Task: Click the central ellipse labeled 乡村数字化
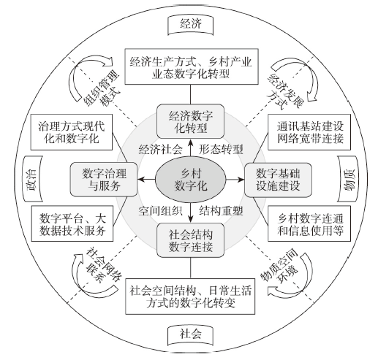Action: coord(191,180)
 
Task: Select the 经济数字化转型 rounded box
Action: coord(190,121)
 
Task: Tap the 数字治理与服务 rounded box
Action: coord(104,180)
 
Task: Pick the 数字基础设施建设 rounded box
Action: coord(278,180)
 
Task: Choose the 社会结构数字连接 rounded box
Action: coord(190,240)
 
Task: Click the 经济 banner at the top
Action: coord(191,25)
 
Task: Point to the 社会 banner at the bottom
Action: coord(191,335)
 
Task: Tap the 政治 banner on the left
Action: coord(33,179)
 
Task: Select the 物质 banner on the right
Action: coord(349,179)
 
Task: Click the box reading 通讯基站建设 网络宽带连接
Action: coord(309,132)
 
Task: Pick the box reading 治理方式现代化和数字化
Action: coord(72,132)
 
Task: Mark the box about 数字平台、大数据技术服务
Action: coord(72,223)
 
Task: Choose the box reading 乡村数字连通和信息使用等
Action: coord(309,223)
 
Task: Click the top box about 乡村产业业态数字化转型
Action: coord(192,66)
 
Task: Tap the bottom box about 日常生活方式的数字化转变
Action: coord(190,296)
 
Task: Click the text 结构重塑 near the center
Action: coord(221,211)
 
